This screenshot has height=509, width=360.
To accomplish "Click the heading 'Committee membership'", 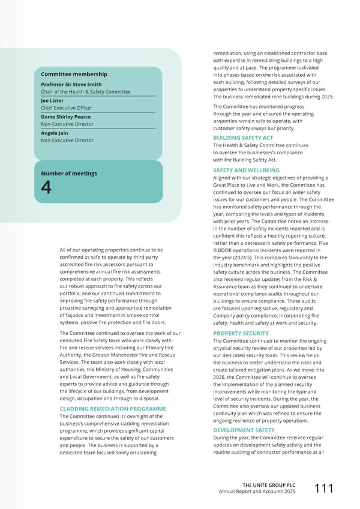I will (x=74, y=74).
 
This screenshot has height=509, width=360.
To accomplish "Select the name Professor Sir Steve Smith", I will (x=71, y=85).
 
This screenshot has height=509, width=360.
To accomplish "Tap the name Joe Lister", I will (x=52, y=101).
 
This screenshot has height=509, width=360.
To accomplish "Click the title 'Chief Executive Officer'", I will (x=67, y=108).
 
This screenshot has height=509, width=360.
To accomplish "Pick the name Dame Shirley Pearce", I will (x=65, y=117).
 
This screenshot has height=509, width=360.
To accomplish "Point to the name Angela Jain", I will (x=54, y=133).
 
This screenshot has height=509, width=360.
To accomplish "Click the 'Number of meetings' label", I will (x=68, y=174).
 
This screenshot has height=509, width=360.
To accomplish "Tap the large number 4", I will (x=46, y=188).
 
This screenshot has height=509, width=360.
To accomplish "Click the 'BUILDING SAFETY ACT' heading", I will (x=243, y=138).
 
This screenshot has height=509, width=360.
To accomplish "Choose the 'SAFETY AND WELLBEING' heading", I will (x=246, y=170).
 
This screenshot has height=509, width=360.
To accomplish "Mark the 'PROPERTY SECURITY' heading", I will (x=241, y=333).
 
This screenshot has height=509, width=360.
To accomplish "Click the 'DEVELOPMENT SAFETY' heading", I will (x=244, y=430).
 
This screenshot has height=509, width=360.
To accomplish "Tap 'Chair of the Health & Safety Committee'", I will (x=86, y=92).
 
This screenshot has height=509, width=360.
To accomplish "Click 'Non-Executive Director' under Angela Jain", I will (x=67, y=140).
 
